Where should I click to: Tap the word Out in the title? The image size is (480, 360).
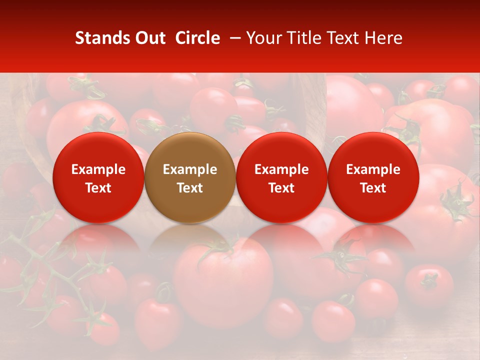(x=149, y=38)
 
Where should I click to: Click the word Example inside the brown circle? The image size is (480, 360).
(x=190, y=169)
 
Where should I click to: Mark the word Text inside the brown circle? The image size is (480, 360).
(x=190, y=188)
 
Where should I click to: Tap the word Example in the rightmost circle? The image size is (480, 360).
(x=373, y=169)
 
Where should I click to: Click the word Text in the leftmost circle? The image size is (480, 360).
(x=98, y=188)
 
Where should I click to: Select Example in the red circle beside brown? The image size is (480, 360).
(x=281, y=169)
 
